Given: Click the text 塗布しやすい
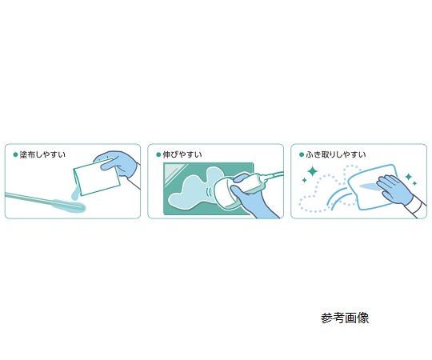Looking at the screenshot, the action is [42, 154].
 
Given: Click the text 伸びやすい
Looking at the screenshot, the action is [182, 154].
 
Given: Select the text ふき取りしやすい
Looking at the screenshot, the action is [336, 154].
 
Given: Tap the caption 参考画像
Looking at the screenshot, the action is [345, 318].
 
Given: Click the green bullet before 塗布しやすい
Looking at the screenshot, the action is [15, 154].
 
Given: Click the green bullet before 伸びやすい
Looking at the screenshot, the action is [158, 154].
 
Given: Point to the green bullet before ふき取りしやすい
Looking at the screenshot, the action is [302, 154].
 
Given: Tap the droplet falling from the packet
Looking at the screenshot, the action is [74, 194].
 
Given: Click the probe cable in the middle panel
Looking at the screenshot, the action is [272, 175].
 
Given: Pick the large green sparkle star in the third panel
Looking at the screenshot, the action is [313, 171].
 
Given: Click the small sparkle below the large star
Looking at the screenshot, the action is [305, 181].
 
